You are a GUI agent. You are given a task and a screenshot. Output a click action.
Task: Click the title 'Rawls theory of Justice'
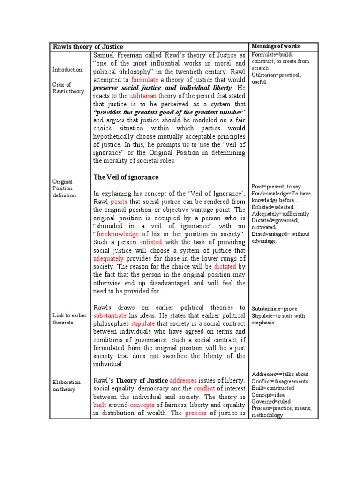tap(88, 47)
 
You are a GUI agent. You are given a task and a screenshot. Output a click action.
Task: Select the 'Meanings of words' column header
tap(276, 46)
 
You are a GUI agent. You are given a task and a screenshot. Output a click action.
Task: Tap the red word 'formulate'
tap(145, 80)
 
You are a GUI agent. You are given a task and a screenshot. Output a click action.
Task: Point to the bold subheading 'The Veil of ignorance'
tap(126, 177)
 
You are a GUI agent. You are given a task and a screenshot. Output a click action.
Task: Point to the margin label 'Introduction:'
tap(67, 70)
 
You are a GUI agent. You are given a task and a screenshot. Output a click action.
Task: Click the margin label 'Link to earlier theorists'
tap(69, 319)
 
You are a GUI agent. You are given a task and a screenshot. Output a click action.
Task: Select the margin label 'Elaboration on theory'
tap(67, 386)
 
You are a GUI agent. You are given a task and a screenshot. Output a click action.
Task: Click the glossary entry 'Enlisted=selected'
tap(272, 207)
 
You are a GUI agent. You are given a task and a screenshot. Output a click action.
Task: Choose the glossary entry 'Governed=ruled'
tap(271, 401)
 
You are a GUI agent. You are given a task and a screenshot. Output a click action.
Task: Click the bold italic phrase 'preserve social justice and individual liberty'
tap(162, 88)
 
